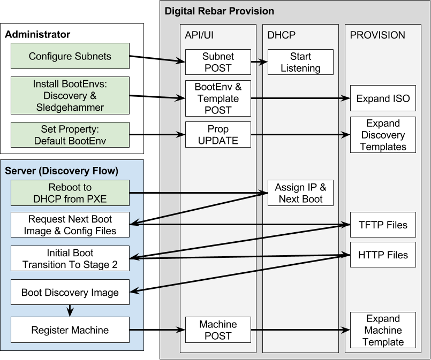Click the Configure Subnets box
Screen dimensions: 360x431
pos(70,56)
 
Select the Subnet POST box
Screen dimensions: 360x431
pos(217,62)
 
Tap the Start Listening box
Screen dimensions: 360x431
pos(300,62)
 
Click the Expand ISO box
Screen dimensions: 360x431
pos(383,98)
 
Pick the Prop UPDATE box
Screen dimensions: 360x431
pos(217,135)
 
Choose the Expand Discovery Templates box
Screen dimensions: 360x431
pos(383,135)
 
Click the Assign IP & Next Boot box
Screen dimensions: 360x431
pos(300,193)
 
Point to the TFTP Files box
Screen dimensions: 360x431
pos(383,225)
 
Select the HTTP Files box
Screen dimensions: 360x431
pos(383,255)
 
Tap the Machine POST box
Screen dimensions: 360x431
pos(217,330)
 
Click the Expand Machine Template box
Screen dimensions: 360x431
pos(383,330)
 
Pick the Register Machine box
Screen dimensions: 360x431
pos(70,330)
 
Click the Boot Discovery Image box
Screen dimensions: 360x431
pos(70,293)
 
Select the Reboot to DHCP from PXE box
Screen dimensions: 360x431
pos(70,193)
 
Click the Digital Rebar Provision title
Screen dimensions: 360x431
pos(219,11)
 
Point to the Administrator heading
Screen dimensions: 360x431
pos(37,35)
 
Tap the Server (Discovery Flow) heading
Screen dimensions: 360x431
pos(62,171)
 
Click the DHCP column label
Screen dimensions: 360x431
pos(282,35)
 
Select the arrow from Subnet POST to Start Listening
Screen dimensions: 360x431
pos(259,62)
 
